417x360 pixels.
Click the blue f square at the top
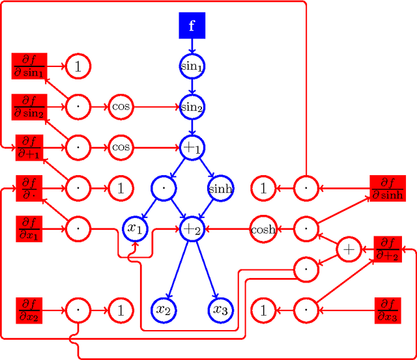tap(192, 25)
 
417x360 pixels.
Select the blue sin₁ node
tap(192, 65)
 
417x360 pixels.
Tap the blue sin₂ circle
tap(192, 106)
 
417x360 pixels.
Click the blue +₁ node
tap(192, 148)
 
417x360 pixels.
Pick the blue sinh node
tap(220, 189)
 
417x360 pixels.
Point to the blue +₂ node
tap(192, 229)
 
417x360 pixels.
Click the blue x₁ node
tap(136, 229)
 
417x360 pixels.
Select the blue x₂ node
tap(163, 310)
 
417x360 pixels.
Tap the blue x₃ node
tap(220, 310)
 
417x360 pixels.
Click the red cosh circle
tap(263, 229)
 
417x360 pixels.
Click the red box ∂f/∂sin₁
tap(28, 66)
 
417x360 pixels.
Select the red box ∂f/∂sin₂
tap(28, 106)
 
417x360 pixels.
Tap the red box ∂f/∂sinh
tap(387, 189)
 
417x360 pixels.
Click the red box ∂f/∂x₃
tap(391, 310)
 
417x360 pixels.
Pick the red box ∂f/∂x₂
tap(28, 310)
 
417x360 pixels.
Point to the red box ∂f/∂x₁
tap(28, 229)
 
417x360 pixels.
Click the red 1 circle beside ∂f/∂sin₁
tap(78, 66)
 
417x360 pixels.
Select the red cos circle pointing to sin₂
tap(121, 106)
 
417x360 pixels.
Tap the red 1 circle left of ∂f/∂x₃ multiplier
tap(263, 310)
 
